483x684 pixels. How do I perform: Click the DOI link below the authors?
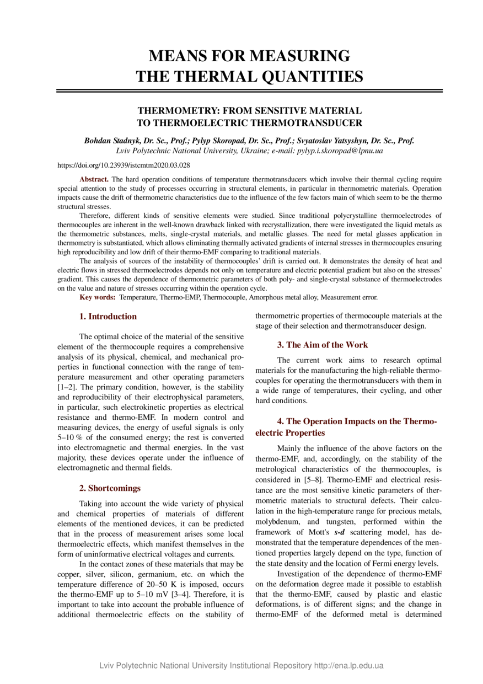(x=124, y=164)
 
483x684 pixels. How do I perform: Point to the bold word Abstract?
(x=94, y=179)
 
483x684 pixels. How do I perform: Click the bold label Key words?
(x=98, y=297)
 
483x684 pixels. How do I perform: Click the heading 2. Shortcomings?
(x=110, y=488)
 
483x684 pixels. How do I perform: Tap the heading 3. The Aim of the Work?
(x=314, y=345)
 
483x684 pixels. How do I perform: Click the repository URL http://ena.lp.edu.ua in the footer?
(x=348, y=666)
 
